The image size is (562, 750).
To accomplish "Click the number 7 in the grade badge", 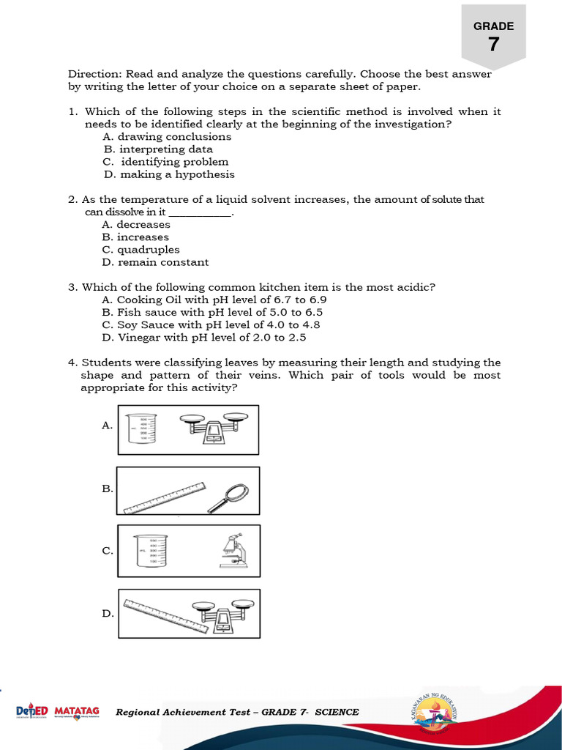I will pyautogui.click(x=494, y=45).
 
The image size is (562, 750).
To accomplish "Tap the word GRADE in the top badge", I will pyautogui.click(x=494, y=26).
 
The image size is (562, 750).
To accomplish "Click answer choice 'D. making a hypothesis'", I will pyautogui.click(x=168, y=174).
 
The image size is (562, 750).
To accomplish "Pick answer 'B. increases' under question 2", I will pyautogui.click(x=135, y=237).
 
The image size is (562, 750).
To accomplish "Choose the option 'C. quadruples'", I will pyautogui.click(x=140, y=250).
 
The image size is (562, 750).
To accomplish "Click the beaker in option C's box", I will pyautogui.click(x=151, y=552).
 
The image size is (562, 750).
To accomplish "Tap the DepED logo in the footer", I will pyautogui.click(x=32, y=711).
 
